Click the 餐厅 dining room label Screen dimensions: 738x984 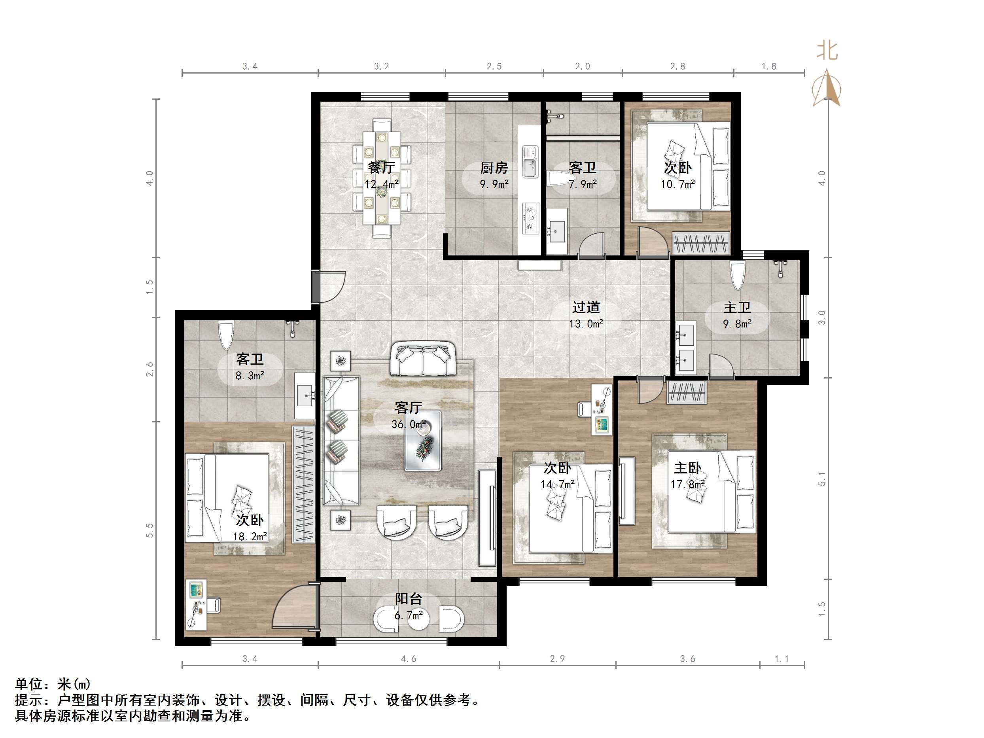[381, 168]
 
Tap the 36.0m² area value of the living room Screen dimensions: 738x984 [408, 424]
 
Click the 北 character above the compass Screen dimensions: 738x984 [827, 51]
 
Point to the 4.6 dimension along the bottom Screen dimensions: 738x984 [409, 659]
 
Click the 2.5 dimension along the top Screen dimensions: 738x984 [494, 66]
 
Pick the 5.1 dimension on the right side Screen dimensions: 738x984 [821, 479]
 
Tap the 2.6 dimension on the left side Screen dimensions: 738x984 [149, 369]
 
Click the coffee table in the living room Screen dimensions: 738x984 [423, 441]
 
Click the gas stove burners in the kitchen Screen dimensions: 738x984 [530, 218]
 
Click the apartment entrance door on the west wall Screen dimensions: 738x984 [329, 287]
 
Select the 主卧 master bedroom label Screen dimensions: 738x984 [687, 468]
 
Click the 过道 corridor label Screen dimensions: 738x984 [586, 307]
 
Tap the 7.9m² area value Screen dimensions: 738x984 [582, 184]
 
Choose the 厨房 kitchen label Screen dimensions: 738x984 [494, 168]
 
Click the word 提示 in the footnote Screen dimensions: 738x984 [28, 700]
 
